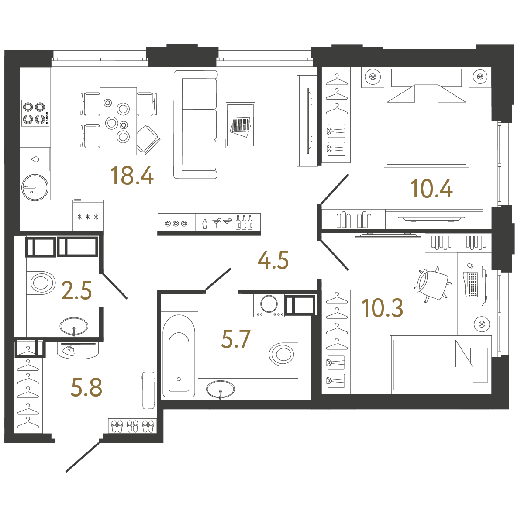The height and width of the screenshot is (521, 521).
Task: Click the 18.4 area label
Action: [132, 176]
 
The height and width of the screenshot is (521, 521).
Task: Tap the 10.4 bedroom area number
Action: [431, 189]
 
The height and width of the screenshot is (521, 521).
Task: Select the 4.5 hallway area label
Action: [273, 260]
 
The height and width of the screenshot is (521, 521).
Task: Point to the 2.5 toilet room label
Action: [77, 290]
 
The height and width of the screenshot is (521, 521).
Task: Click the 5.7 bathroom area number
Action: [236, 339]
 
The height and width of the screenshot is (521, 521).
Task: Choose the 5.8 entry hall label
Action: [86, 387]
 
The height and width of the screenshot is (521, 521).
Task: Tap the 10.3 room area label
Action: [382, 308]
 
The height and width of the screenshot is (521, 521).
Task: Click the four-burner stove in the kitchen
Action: [35, 113]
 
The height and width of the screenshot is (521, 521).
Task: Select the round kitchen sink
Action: [35, 188]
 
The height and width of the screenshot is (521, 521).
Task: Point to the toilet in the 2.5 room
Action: [42, 283]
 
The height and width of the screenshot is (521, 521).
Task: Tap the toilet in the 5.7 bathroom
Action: [283, 354]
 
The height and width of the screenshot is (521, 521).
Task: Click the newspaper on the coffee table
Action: [241, 125]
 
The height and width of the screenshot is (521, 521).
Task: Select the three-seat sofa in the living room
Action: [195, 125]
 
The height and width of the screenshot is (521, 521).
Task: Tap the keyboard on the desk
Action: [472, 284]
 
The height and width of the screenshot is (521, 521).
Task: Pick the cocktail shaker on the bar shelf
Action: [204, 224]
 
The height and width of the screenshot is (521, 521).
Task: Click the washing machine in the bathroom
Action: [269, 304]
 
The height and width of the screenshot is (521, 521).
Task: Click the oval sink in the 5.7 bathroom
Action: [221, 389]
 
